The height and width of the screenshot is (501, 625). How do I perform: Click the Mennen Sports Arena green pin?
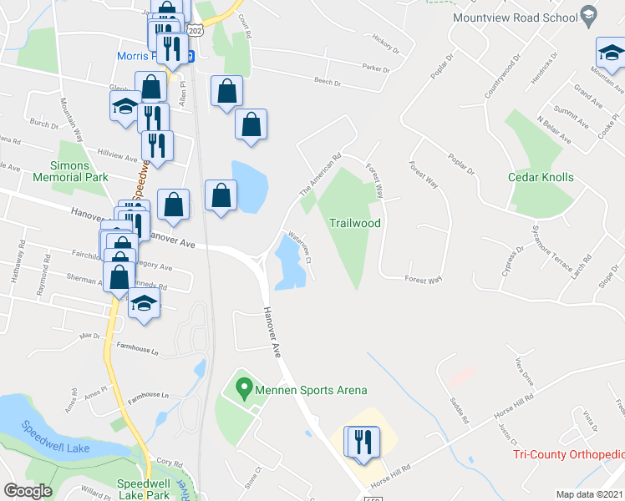244,388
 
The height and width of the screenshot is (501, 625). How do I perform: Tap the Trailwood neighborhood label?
355,223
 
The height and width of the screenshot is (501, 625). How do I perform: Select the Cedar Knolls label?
541,177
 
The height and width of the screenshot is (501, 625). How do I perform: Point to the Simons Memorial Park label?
71,171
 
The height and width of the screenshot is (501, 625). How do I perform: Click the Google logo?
28,491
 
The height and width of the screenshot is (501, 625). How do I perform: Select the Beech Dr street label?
327,82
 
